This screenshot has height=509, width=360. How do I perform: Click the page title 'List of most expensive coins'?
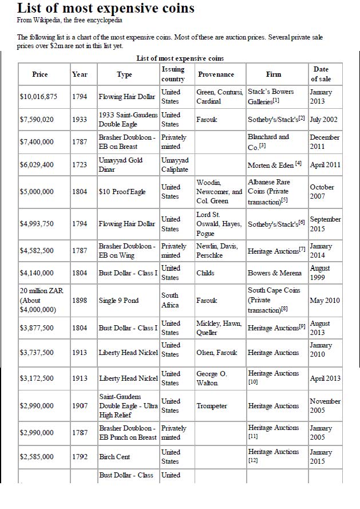(x=106, y=9)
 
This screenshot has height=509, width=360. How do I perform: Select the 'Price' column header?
(x=40, y=74)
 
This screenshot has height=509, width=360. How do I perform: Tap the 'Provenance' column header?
(x=216, y=74)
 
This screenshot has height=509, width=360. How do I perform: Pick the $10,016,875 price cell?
(x=38, y=97)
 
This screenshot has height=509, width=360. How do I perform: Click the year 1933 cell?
(x=80, y=120)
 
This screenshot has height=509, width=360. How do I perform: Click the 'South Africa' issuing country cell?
(x=170, y=301)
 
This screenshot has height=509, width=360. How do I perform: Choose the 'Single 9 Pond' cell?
(x=119, y=301)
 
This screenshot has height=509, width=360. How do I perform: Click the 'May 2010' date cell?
(x=324, y=301)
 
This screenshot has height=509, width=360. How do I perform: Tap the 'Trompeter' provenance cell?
(x=212, y=406)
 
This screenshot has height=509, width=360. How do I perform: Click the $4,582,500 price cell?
(x=37, y=251)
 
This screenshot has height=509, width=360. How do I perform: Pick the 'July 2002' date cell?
(x=324, y=120)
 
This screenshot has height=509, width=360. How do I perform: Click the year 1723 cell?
(x=80, y=165)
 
